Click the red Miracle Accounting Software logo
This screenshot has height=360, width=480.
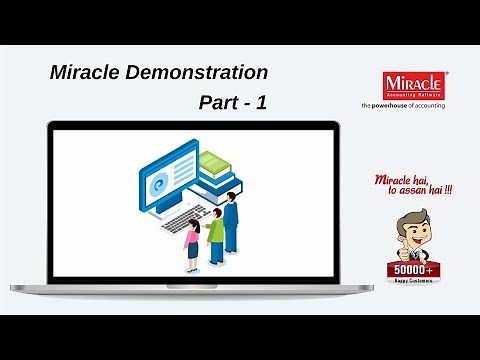point(414,83)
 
